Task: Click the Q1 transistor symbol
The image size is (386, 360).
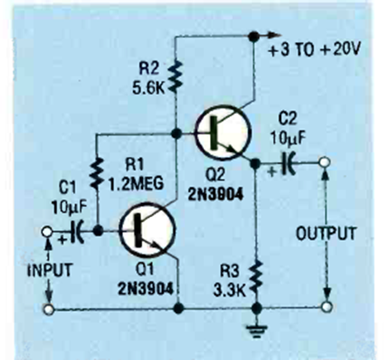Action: point(147,230)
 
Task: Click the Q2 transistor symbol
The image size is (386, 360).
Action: point(223,132)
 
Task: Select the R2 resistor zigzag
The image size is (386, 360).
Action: point(176,77)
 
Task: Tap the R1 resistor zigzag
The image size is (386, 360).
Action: point(97,173)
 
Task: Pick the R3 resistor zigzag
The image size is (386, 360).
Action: point(256,278)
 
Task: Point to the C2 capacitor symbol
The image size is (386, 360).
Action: point(288,163)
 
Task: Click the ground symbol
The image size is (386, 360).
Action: point(256,331)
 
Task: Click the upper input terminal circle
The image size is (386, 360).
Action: point(46,231)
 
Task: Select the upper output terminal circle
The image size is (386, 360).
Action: point(324,162)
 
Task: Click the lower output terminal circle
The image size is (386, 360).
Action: point(326,306)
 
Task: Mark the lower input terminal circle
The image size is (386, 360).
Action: point(49,309)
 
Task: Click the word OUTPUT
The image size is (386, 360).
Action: point(326,234)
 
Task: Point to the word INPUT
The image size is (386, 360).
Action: point(50,270)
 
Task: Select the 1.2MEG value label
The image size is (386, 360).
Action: point(136,182)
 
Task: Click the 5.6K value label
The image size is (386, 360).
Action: point(149,88)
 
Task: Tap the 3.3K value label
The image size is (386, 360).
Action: point(230,291)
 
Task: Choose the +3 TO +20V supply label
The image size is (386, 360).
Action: point(314,50)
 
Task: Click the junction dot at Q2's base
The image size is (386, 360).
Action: point(176,134)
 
